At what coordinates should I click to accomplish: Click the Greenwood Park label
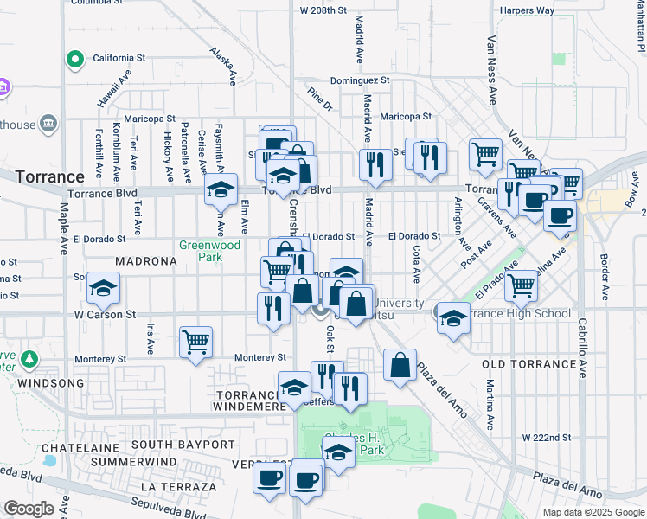[x=209, y=251]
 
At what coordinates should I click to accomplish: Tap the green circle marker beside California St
[x=75, y=60]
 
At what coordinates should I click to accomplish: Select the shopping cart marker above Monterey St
[x=196, y=341]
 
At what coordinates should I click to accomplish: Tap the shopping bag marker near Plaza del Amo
[x=400, y=364]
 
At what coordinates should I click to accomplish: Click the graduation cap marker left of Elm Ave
[x=221, y=189]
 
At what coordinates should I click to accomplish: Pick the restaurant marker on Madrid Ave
[x=375, y=164]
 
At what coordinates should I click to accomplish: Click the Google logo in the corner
[x=29, y=509]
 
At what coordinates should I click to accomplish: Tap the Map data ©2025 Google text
[x=593, y=512]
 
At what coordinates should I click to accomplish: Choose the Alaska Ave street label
[x=222, y=66]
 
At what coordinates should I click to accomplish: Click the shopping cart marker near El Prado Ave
[x=521, y=283]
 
